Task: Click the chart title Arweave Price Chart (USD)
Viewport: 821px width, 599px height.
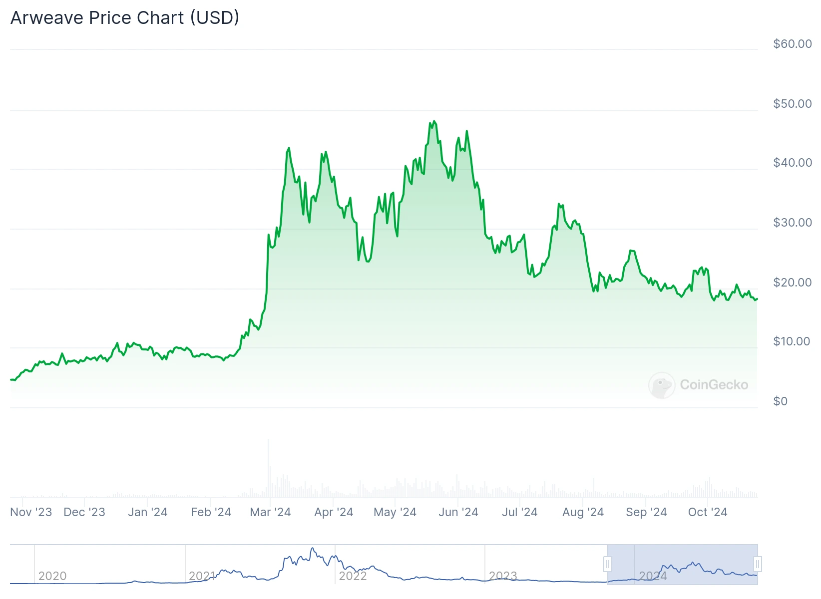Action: (125, 18)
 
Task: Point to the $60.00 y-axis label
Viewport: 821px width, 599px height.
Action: (792, 44)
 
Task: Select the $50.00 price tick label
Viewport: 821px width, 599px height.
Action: (792, 104)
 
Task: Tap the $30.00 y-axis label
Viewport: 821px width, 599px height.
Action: (792, 223)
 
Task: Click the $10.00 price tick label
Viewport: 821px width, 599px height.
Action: (792, 341)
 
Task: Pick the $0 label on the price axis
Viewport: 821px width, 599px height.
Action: (780, 401)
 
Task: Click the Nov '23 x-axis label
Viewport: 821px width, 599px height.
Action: (31, 512)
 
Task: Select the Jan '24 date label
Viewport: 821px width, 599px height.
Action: (147, 512)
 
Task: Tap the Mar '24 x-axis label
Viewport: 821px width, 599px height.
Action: (270, 512)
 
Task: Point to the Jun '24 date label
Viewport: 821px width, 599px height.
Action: (458, 512)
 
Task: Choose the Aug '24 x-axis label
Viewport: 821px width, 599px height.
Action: (583, 512)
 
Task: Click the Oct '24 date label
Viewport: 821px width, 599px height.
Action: (707, 512)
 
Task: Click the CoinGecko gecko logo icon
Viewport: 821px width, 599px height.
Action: (662, 385)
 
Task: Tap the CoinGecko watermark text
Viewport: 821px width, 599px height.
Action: (714, 385)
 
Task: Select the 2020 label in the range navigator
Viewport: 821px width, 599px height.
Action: (52, 576)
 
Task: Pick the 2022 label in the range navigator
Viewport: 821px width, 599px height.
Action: (353, 576)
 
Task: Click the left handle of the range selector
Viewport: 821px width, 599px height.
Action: (608, 565)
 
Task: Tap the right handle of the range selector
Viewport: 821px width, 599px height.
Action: (758, 565)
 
